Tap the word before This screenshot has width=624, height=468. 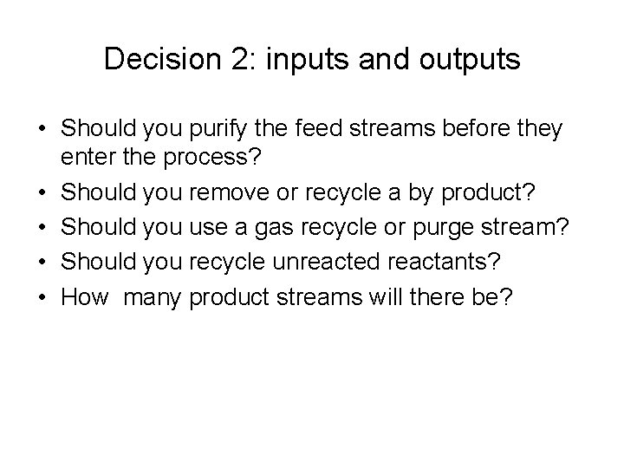point(479,130)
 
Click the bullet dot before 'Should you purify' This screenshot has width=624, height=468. point(42,130)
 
